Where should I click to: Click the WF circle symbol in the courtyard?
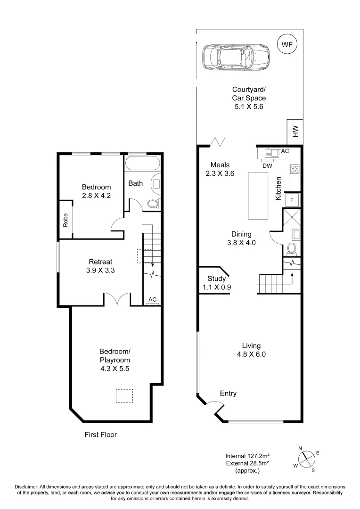coord(286,45)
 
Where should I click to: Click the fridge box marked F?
coord(292,200)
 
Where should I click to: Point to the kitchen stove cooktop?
coord(295,169)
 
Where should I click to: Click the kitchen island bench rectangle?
coord(258,195)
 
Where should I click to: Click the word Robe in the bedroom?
coord(65,220)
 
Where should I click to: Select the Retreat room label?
coord(100,262)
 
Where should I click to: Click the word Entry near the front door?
coord(228,394)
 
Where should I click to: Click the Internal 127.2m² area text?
coord(250,456)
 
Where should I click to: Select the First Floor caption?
coord(100,435)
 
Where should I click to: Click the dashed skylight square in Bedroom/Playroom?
coord(125,396)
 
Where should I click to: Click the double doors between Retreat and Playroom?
coord(116,300)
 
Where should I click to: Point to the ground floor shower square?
coord(291,217)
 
